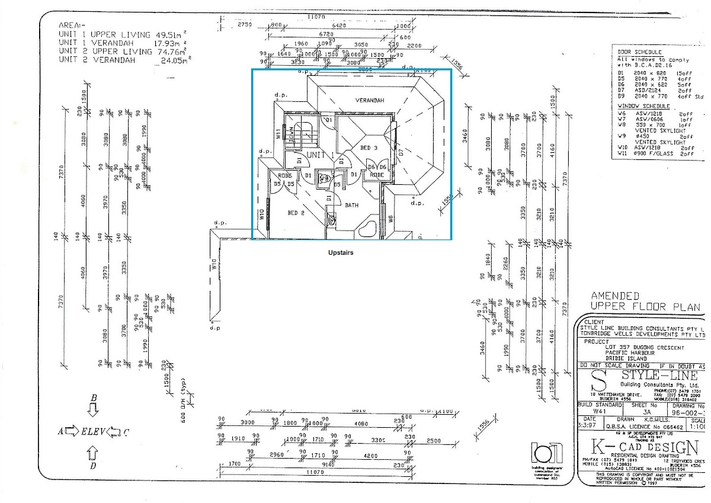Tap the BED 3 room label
[369, 148]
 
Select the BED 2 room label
[296, 213]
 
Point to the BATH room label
[351, 205]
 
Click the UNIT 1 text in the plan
[320, 155]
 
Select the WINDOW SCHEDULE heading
[644, 106]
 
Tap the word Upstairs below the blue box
[341, 252]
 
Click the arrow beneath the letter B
[93, 409]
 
